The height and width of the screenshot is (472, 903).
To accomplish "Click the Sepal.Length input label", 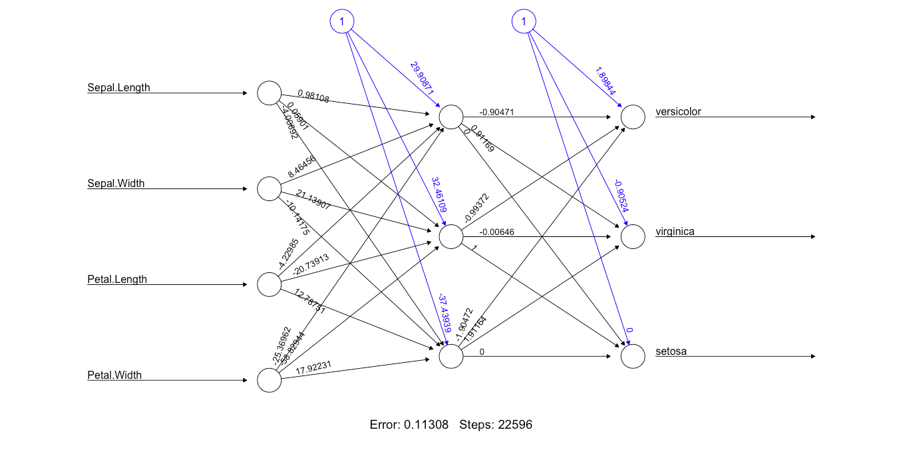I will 118,87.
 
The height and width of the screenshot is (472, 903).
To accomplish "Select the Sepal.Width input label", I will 116,183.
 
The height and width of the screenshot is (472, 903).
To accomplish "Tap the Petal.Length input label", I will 117,279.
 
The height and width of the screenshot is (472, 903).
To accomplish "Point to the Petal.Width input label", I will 114,375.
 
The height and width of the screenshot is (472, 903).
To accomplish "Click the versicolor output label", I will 678,111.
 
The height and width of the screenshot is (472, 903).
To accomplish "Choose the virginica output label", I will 675,231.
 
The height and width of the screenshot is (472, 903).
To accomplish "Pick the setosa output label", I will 671,351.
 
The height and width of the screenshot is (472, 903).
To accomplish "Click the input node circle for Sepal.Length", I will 270,93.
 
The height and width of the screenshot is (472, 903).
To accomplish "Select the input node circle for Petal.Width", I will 270,381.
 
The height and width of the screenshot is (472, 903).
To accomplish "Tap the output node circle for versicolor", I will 633,117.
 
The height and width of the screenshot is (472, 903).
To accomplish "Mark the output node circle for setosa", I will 633,357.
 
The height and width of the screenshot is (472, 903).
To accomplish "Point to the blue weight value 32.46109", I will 439,195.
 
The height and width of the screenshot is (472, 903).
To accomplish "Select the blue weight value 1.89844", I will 606,81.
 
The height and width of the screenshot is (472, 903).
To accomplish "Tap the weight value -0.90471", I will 496,112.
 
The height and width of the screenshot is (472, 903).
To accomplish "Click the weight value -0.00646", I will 496,232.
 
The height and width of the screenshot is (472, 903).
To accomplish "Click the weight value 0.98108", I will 313,96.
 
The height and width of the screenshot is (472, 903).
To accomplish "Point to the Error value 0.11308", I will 426,424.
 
